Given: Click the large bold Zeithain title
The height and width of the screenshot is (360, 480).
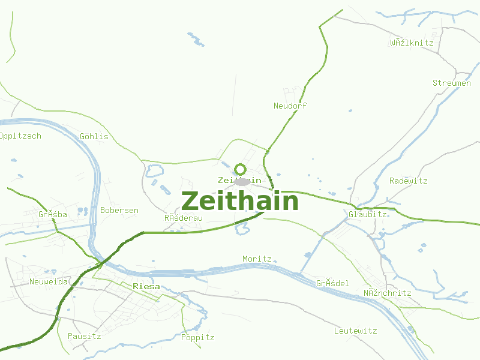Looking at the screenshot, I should (x=240, y=202).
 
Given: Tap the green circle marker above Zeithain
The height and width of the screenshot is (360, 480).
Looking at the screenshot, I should (x=241, y=169).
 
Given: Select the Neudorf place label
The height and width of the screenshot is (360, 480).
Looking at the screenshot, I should (x=290, y=106).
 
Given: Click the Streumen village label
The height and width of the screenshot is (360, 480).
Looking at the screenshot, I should (x=451, y=83).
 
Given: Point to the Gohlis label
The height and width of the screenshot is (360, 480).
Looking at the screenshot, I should (x=94, y=136).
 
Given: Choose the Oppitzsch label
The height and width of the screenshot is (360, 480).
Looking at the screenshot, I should (x=20, y=136).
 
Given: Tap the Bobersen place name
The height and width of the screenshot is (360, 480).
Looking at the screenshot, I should (x=119, y=211).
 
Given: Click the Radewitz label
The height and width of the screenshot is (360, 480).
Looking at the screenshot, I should (x=408, y=181).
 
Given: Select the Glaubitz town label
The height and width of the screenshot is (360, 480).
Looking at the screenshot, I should (x=367, y=214).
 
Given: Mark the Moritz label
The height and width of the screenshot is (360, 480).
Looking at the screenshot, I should (x=257, y=259).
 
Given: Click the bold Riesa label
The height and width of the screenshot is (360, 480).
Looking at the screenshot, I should (x=146, y=287).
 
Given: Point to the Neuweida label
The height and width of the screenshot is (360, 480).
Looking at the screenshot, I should (x=49, y=281).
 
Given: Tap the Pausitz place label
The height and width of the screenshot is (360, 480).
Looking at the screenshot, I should (x=84, y=337).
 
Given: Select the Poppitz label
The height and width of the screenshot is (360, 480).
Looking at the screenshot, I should (x=197, y=338).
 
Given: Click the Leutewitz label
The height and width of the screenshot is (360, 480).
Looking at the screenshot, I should (x=355, y=331).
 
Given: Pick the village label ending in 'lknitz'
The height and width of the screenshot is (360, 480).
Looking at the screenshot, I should (x=411, y=43).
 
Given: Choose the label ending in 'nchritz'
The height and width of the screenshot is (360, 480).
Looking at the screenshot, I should (x=387, y=293).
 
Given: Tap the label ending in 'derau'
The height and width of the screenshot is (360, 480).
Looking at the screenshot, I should (x=184, y=218).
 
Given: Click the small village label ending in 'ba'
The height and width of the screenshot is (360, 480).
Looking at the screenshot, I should (x=53, y=215).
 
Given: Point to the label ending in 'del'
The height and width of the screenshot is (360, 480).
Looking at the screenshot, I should (x=332, y=284).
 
